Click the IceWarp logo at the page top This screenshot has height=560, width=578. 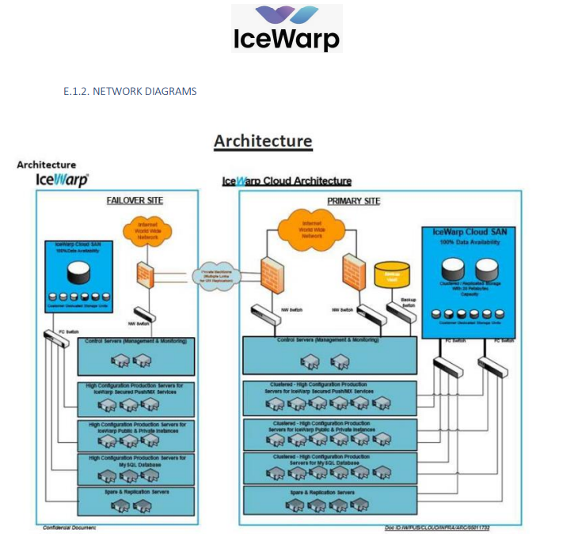(287, 28)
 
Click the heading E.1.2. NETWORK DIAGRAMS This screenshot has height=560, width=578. (130, 92)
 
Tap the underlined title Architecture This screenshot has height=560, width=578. (263, 141)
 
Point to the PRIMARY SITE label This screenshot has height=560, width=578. (353, 201)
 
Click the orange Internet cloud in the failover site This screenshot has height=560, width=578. (147, 230)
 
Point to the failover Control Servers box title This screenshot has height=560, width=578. (135, 341)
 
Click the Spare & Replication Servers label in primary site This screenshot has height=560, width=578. (321, 492)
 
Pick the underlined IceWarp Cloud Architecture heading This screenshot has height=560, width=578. (287, 181)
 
